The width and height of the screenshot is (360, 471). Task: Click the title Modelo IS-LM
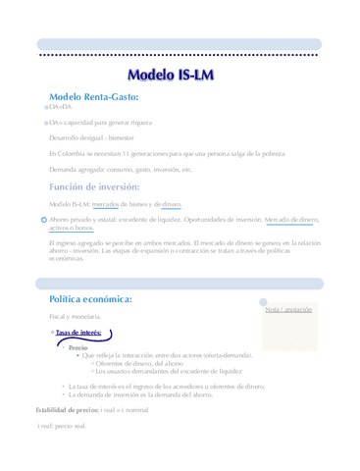click(180, 76)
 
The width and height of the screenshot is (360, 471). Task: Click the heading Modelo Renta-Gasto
click(94, 97)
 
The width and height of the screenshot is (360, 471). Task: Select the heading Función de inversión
click(94, 186)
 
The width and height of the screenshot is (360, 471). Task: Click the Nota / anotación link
click(288, 309)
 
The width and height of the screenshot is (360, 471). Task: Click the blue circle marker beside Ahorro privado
click(42, 220)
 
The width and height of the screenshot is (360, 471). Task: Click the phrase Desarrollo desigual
click(72, 139)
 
